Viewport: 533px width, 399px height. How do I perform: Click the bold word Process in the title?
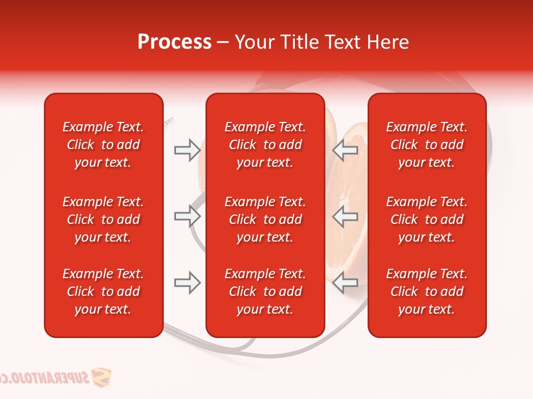(x=174, y=42)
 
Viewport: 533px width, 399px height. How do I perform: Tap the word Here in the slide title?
(x=388, y=42)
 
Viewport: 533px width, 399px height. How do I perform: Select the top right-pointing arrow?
(x=187, y=150)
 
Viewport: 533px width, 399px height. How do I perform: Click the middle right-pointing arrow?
(x=187, y=216)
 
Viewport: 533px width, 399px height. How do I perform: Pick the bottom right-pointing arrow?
(x=187, y=283)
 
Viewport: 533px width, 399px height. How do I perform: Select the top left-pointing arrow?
(x=345, y=150)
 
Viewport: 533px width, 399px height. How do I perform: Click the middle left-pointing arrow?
(x=345, y=216)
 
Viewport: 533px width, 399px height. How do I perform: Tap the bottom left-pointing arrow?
(x=345, y=283)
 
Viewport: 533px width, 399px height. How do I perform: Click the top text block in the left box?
(x=103, y=145)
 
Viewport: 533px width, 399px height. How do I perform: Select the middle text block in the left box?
(x=103, y=219)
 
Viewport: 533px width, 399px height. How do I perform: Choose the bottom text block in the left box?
(x=103, y=291)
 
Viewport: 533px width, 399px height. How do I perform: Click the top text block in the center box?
(x=265, y=145)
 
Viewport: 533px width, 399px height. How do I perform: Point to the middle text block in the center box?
(x=265, y=219)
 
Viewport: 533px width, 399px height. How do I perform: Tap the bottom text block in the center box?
(x=265, y=291)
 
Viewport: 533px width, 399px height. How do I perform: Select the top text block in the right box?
(x=426, y=145)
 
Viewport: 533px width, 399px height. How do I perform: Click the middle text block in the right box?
(x=426, y=219)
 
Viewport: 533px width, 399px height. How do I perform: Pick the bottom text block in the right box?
(x=426, y=291)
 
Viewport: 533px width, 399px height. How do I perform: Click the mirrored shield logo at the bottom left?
(x=100, y=377)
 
